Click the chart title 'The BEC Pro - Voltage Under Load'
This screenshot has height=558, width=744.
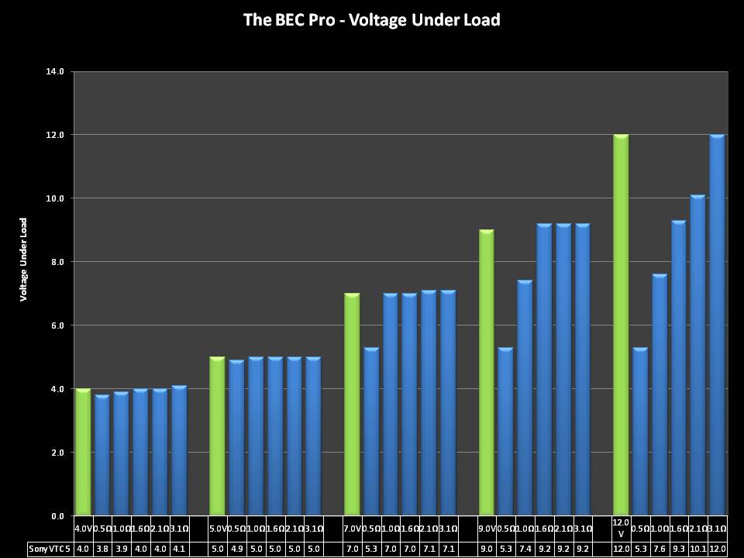click(372, 19)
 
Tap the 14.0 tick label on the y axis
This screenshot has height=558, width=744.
click(57, 71)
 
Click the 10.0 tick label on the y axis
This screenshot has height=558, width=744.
click(57, 198)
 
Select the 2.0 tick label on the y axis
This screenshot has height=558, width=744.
click(57, 453)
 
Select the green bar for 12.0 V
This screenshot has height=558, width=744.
click(621, 325)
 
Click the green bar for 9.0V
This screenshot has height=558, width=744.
click(486, 372)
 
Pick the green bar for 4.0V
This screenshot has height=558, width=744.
click(83, 452)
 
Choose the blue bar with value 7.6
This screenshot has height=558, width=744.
click(660, 394)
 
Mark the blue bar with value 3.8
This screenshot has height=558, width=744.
click(102, 455)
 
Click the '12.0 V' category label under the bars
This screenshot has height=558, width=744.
click(621, 528)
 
